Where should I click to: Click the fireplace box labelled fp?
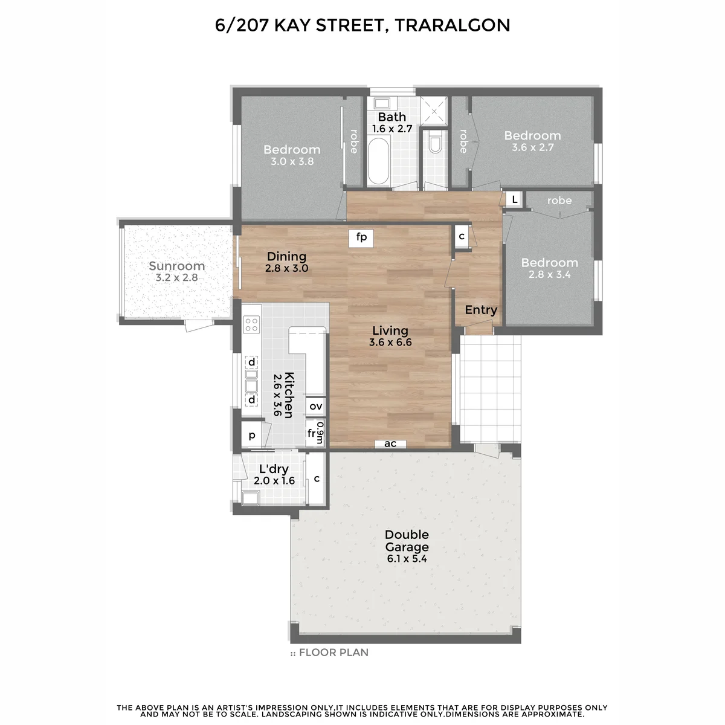click(361, 238)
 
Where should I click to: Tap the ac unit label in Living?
click(390, 444)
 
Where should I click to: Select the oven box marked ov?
click(315, 407)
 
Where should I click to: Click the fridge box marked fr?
click(312, 433)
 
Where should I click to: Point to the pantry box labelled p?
click(252, 435)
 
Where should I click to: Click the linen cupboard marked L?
click(514, 199)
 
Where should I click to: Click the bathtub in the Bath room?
click(378, 161)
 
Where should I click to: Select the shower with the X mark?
click(434, 111)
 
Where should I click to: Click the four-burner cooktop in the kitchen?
click(251, 324)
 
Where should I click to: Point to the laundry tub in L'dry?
click(250, 498)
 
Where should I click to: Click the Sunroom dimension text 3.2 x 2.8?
click(176, 278)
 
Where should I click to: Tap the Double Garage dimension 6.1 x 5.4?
click(407, 559)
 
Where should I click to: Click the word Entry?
click(481, 310)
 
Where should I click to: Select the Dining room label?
click(286, 257)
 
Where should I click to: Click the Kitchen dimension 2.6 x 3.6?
click(277, 395)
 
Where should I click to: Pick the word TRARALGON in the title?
click(453, 25)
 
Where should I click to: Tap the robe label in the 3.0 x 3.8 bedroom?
click(354, 141)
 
